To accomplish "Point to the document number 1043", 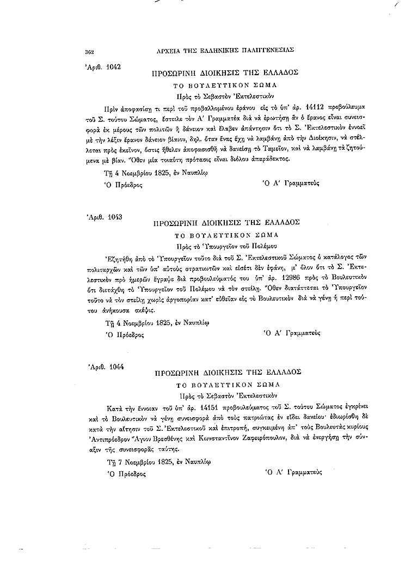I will coord(114,216).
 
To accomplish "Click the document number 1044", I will coord(115,367).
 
